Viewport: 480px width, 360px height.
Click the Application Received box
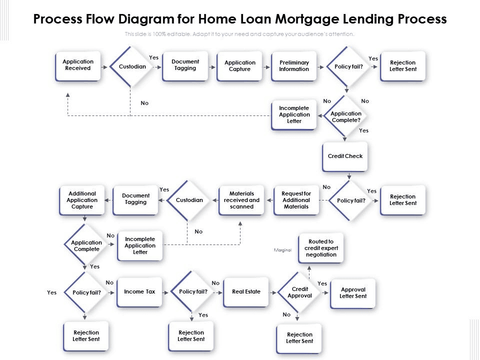click(78, 66)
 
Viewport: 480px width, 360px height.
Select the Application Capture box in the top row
click(239, 66)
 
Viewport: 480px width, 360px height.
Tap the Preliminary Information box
click(294, 66)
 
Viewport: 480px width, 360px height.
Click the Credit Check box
click(345, 156)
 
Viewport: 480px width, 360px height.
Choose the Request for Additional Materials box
click(296, 200)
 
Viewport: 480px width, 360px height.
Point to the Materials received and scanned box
click(241, 200)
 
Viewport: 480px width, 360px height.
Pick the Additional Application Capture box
click(81, 200)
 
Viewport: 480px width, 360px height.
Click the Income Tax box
click(139, 292)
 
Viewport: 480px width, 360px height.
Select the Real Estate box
click(246, 292)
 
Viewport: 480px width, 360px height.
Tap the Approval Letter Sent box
click(353, 293)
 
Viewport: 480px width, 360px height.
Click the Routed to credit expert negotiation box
click(321, 248)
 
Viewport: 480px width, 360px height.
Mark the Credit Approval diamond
click(299, 292)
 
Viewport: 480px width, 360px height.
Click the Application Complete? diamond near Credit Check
click(345, 116)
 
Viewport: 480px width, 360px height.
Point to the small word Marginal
click(282, 250)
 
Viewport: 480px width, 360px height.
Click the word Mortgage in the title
click(307, 19)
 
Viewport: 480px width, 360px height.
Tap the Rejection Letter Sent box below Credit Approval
click(299, 338)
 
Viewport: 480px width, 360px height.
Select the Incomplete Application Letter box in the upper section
click(294, 115)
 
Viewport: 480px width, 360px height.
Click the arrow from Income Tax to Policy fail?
click(165, 292)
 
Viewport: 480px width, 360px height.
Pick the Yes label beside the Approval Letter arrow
click(322, 283)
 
